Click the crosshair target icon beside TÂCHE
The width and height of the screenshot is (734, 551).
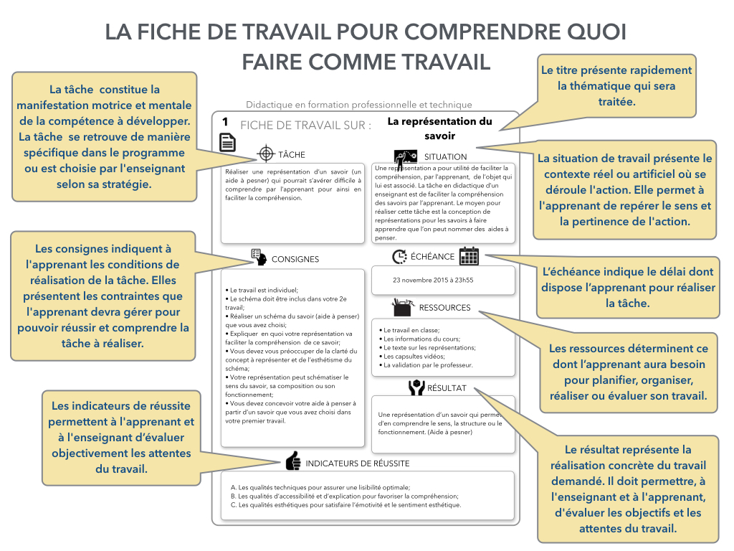[x=266, y=154]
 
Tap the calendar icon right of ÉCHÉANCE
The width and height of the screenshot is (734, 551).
[x=469, y=256]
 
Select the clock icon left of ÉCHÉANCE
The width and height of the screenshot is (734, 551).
[x=399, y=256]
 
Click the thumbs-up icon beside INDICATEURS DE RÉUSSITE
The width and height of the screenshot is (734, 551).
[x=293, y=461]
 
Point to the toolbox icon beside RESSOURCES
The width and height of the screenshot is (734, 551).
[x=402, y=308]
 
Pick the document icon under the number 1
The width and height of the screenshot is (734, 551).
[x=227, y=142]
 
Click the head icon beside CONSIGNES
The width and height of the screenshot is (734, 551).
[x=259, y=258]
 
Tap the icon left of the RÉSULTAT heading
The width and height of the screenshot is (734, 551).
[x=416, y=387]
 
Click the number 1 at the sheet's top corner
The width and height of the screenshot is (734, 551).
[x=225, y=123]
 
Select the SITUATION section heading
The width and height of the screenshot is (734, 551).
[x=445, y=156]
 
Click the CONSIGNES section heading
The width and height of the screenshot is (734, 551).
[x=295, y=259]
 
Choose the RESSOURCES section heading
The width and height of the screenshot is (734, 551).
[x=444, y=308]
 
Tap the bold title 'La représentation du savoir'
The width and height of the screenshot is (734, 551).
[x=439, y=128]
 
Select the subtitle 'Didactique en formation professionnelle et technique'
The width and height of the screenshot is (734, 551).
[x=358, y=105]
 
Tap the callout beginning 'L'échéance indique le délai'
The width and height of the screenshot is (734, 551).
[x=629, y=288]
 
